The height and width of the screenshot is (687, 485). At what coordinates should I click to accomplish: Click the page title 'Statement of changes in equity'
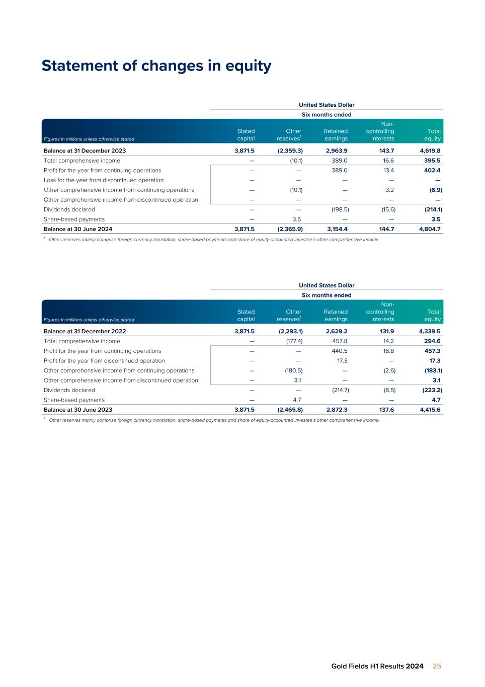coord(156,66)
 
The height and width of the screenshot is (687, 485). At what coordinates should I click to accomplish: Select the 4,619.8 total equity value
coord(430,151)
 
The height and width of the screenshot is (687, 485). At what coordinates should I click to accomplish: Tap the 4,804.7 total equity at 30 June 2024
coord(430,229)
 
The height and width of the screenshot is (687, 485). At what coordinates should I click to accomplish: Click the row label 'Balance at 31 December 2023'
coord(85,151)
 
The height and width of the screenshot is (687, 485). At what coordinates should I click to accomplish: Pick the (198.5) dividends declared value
coord(340,209)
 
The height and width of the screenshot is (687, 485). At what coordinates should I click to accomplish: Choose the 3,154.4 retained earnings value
coord(337,229)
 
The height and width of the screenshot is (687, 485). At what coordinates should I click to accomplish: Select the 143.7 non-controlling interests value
coord(385,151)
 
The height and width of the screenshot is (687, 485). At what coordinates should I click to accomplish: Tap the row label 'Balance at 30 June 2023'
coord(78,410)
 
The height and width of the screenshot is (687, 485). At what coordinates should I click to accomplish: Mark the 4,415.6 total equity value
coord(430,410)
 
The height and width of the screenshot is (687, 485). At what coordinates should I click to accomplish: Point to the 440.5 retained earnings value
coord(339,351)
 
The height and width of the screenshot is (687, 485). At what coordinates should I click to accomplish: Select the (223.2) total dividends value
coord(432,390)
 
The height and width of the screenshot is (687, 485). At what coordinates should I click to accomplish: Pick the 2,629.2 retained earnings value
coord(337,332)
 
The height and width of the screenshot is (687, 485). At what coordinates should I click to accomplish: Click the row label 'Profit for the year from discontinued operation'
coord(104,361)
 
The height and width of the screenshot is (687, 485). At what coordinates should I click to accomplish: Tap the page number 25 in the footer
coord(437,666)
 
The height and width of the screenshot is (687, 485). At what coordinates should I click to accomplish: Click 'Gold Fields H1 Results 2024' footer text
coord(377,666)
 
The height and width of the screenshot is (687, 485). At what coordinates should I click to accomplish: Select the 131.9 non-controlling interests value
coord(385,332)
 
